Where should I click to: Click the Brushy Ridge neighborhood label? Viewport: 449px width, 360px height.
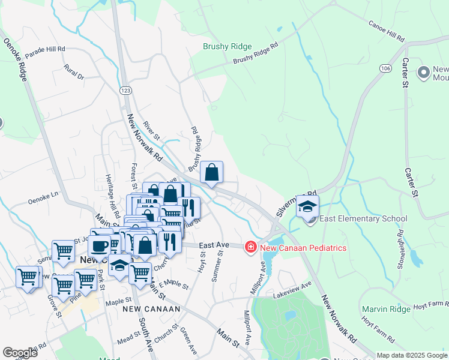click(x=227, y=46)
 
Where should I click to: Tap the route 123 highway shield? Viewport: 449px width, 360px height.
click(x=125, y=90)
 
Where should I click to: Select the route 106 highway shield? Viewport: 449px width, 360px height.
click(x=385, y=69)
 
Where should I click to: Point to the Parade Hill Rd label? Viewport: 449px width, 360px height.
click(x=44, y=50)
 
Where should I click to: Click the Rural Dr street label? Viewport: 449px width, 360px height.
click(x=74, y=72)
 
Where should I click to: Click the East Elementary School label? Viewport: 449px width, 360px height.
click(x=363, y=219)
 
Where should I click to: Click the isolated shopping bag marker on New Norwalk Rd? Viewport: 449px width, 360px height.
click(x=211, y=173)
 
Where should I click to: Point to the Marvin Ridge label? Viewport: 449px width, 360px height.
click(x=386, y=309)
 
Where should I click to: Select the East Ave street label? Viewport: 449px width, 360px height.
click(x=214, y=245)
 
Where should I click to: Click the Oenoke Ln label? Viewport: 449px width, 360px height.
click(x=43, y=194)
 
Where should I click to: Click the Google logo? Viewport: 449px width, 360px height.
click(x=20, y=353)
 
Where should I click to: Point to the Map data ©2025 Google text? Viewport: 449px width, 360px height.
click(x=411, y=355)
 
